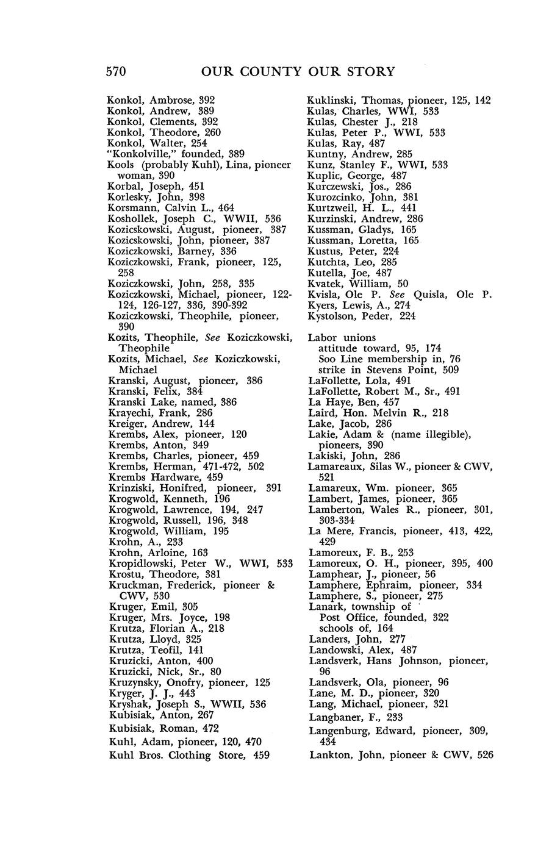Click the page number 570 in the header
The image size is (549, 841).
116,72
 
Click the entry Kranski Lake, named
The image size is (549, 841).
163,402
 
